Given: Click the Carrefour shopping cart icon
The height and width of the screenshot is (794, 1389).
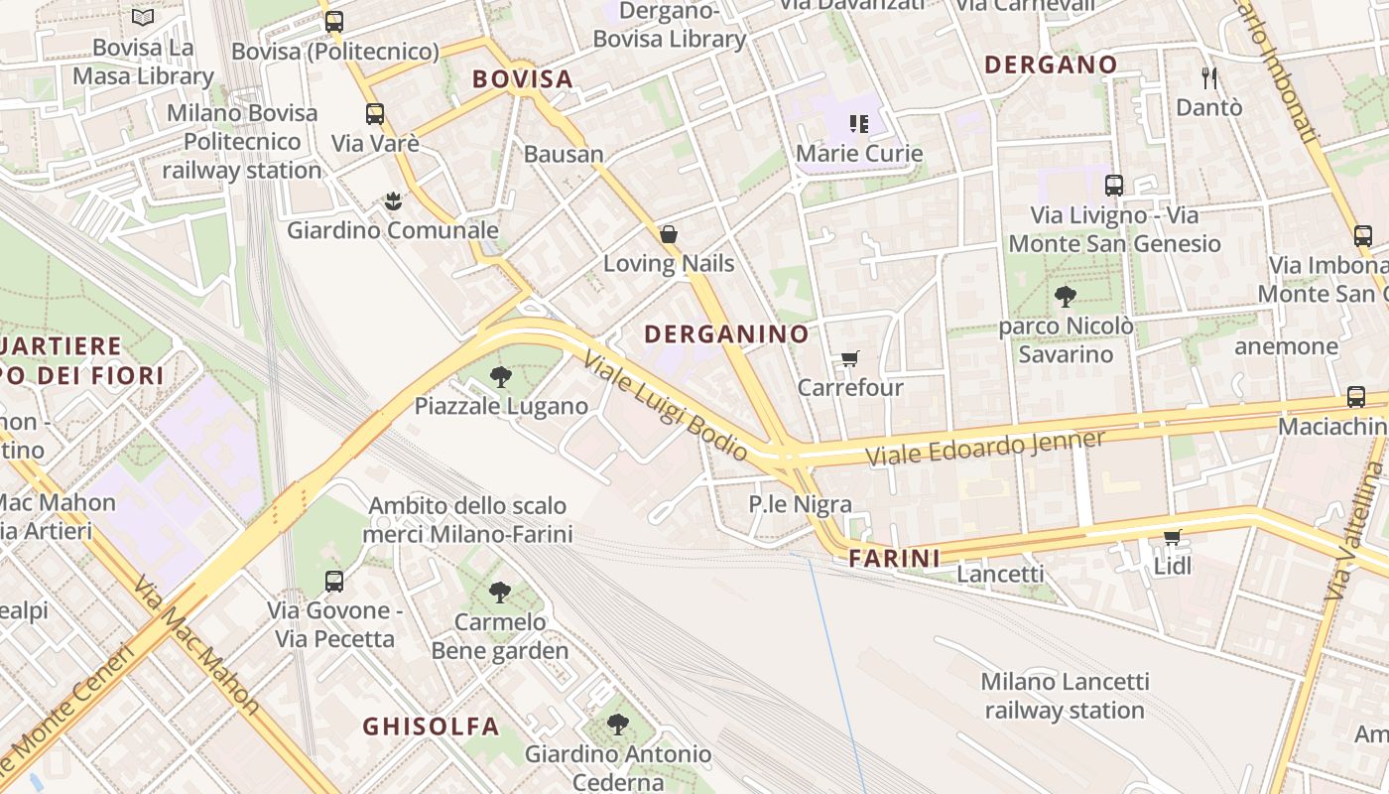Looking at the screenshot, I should (849, 358).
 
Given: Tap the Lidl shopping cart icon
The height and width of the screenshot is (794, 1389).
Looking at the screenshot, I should (1172, 537).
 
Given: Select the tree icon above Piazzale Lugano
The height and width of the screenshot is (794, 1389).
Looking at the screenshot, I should (501, 377).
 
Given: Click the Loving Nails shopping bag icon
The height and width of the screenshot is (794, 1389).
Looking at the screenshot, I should (669, 234).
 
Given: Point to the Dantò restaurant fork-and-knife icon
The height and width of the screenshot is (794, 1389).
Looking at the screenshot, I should (1208, 77).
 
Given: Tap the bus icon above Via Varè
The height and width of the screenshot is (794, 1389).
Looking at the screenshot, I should (374, 113).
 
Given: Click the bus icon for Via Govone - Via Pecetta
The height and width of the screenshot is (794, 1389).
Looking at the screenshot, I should (334, 581).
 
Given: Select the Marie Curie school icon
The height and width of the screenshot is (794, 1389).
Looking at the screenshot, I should (859, 124).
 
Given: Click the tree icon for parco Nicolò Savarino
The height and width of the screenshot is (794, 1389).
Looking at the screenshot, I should (1066, 296).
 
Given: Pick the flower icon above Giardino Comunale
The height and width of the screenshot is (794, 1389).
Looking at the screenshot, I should (393, 201).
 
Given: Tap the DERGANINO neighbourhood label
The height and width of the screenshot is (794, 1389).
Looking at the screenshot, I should (726, 334).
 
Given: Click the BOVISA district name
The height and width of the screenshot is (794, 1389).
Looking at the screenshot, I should (523, 79).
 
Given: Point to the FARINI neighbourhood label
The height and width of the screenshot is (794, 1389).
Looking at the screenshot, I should (894, 559).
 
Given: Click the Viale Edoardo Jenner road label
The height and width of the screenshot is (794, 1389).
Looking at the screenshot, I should (984, 449).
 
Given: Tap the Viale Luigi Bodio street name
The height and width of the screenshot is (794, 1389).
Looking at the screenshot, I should (667, 407).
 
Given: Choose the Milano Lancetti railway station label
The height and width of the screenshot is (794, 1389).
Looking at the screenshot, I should (1065, 696).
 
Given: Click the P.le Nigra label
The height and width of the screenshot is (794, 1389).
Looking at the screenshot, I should (800, 504).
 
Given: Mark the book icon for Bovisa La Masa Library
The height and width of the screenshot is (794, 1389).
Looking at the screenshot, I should (143, 17).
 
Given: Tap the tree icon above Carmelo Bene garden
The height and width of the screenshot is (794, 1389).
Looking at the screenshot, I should (500, 593).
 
